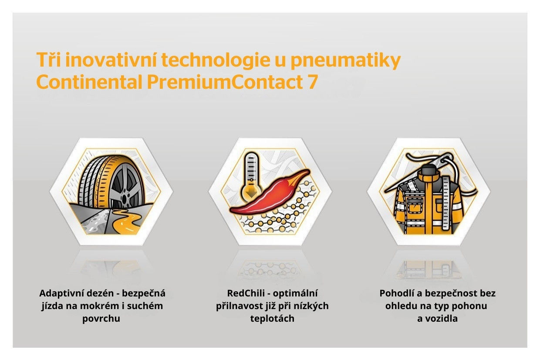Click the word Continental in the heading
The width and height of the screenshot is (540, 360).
[89, 82]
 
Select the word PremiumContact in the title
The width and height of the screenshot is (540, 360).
[225, 82]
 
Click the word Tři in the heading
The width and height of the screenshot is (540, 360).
[48, 59]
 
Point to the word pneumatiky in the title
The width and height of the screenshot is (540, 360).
[345, 61]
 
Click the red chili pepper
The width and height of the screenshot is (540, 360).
[270, 195]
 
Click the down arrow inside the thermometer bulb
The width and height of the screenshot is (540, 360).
[251, 192]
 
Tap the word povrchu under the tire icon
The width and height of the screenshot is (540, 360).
[101, 319]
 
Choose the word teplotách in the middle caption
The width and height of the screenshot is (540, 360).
[272, 319]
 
